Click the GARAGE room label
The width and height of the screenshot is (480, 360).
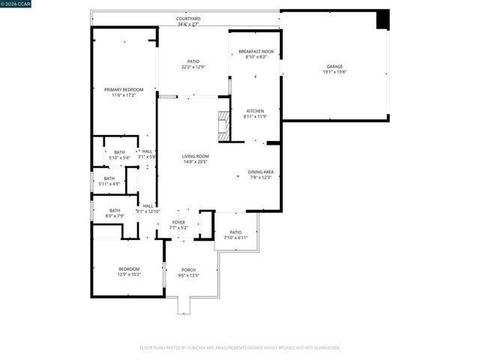(335, 67)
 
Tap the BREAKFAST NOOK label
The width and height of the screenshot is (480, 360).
(256, 51)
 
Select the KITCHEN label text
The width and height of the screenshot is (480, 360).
(255, 111)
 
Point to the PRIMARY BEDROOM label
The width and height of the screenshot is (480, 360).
(123, 89)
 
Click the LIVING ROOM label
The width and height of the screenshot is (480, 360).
(194, 156)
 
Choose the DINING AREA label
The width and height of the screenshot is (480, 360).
(261, 172)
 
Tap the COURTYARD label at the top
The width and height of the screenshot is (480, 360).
(188, 18)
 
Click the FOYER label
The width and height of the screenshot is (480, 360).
(178, 222)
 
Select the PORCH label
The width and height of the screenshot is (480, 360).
(189, 270)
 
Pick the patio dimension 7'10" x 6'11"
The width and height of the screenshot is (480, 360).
(235, 238)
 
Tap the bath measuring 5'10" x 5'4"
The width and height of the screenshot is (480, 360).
(119, 157)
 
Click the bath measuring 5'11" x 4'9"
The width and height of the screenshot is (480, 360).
(109, 184)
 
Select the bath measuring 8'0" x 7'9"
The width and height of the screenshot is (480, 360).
(115, 216)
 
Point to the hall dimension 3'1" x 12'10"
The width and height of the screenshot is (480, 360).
(148, 211)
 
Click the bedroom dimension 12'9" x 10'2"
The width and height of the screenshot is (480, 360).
(129, 274)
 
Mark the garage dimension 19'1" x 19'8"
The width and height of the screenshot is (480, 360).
(335, 72)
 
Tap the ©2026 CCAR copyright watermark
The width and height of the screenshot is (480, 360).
(16, 4)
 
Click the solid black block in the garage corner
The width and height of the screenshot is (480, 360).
(382, 19)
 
